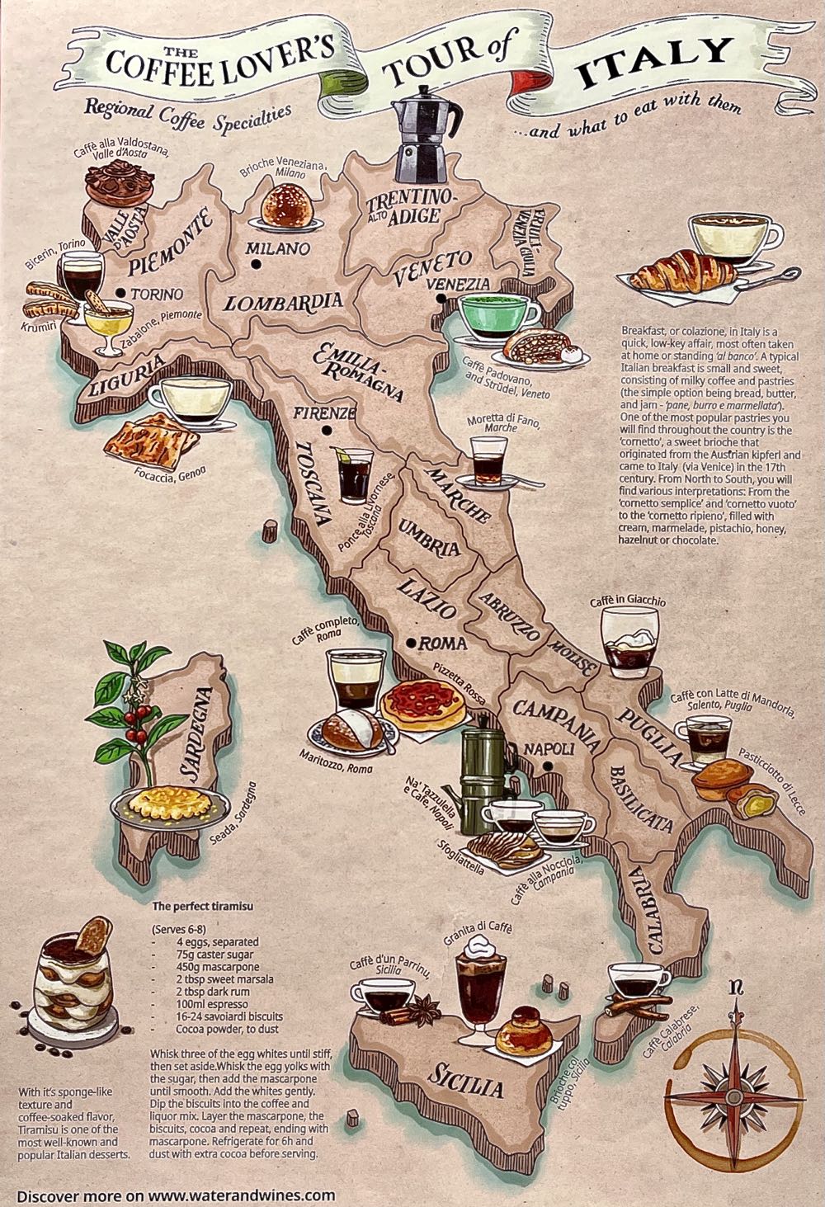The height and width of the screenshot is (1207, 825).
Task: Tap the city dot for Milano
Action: (x=257, y=264)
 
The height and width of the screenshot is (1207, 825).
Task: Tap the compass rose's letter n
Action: (x=736, y=987)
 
